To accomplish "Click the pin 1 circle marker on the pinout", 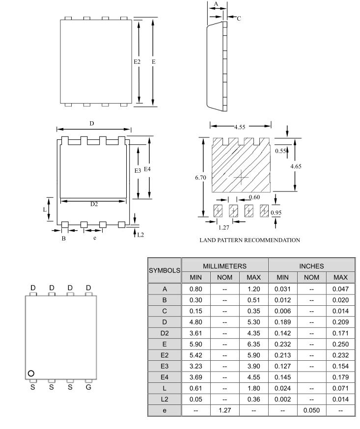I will coord(31,373).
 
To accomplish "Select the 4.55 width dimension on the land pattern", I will coord(240,127).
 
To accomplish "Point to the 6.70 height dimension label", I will coord(200,177).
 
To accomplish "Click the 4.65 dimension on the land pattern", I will coord(296,166).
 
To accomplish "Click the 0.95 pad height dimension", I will coord(277,212).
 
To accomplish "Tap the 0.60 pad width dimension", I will coord(254,197).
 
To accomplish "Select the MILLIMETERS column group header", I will coord(225,266).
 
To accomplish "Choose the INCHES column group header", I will coord(311,266).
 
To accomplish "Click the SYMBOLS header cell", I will coord(165,270).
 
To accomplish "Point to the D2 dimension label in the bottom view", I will coord(93,204).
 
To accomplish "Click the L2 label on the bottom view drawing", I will coord(140,235).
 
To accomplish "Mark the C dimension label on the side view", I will coord(239,18).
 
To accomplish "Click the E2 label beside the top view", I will coord(137,62).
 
